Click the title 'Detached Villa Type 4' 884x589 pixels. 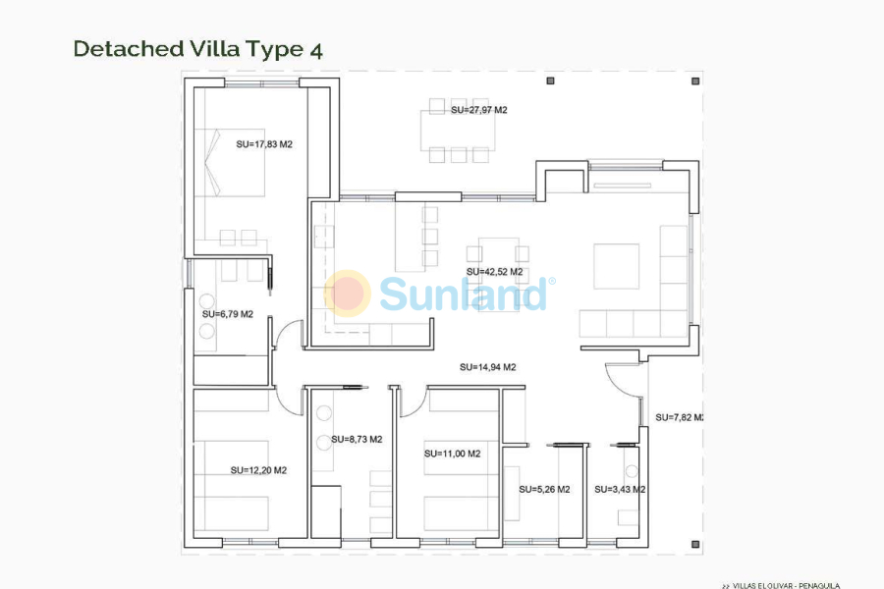click(x=197, y=49)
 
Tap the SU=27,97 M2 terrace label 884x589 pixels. click(x=478, y=110)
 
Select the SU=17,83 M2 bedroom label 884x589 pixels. click(x=264, y=144)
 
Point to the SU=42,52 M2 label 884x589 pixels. click(x=494, y=272)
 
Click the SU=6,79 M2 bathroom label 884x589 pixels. click(x=228, y=314)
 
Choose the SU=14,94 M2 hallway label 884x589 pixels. click(x=487, y=367)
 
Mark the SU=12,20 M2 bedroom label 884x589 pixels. click(x=258, y=470)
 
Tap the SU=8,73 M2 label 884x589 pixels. click(x=357, y=440)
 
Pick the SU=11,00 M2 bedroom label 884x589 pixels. click(x=452, y=454)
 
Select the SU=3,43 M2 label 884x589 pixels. click(x=620, y=489)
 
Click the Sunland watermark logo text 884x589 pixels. click(x=463, y=294)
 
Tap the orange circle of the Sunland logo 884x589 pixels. click(x=347, y=293)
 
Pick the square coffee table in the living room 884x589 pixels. click(x=616, y=266)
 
